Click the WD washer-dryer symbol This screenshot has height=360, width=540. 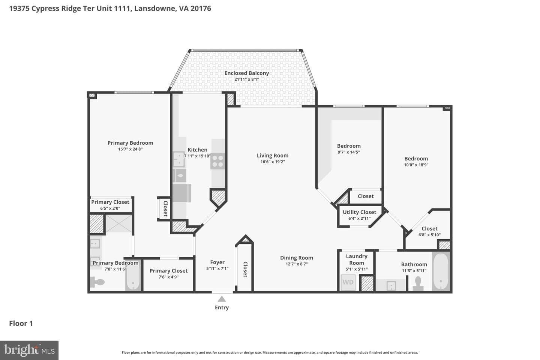click(348, 282)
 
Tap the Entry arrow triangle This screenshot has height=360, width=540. click(222, 299)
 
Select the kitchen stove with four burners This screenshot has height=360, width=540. click(217, 161)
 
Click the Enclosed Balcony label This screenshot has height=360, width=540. click(247, 73)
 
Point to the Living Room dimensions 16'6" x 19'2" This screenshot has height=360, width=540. click(273, 162)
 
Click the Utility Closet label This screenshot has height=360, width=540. click(359, 212)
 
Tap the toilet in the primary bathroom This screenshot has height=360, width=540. click(97, 282)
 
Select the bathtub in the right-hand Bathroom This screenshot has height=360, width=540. click(441, 271)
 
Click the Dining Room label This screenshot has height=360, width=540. click(297, 258)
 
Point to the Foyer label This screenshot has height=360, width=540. click(217, 262)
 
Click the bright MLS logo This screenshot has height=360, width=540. click(29, 350)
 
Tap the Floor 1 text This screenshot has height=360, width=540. click(21, 323)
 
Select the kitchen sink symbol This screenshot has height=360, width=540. click(178, 159)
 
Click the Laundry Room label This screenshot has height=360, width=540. click(357, 259)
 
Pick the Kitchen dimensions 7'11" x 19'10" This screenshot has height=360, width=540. click(197, 156)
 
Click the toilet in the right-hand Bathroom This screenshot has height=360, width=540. click(418, 283)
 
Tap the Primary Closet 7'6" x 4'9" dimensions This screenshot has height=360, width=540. click(168, 277)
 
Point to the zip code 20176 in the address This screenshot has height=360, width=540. click(201, 9)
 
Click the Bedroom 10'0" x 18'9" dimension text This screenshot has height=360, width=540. click(416, 165)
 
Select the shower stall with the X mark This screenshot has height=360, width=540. click(118, 223)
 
